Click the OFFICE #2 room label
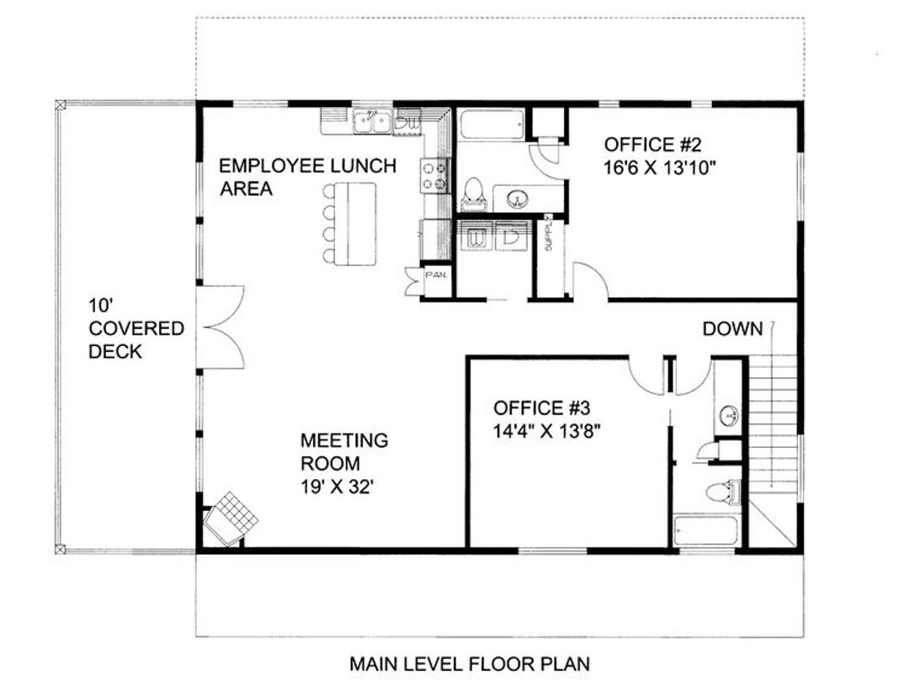point(653,144)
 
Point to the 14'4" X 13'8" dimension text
point(546,432)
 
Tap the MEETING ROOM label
point(343,452)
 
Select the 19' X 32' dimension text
point(336,488)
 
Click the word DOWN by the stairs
point(733,328)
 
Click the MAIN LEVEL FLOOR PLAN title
point(470,663)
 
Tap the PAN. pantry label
point(436,274)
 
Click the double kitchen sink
point(373,121)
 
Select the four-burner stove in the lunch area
point(435,175)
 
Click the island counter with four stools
point(349,224)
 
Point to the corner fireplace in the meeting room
point(230,520)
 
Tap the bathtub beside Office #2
point(492,125)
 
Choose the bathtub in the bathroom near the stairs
point(705,530)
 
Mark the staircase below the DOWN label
point(773,423)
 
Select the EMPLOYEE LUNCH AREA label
point(307,178)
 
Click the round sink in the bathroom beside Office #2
point(517,200)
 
